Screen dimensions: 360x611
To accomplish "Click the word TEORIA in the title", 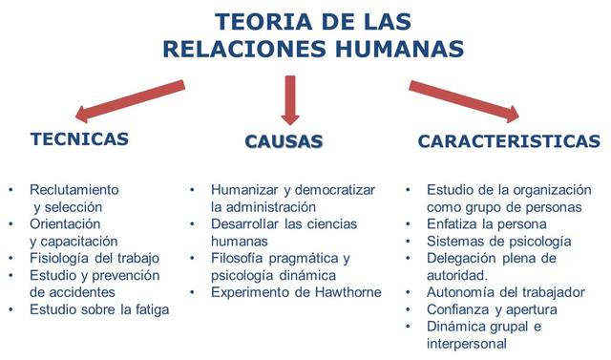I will [256, 21].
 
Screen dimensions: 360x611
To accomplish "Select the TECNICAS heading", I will [79, 138].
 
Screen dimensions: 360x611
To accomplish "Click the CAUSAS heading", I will [284, 141].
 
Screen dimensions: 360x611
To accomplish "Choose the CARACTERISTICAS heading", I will [509, 141].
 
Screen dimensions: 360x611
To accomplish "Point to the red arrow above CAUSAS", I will [290, 97].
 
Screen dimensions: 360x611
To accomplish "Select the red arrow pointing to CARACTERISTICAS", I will [464, 101].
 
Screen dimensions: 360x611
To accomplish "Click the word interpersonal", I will [469, 344].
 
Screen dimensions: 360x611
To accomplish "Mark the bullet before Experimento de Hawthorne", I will [193, 292].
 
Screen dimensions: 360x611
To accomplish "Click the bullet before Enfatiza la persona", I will [409, 223].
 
